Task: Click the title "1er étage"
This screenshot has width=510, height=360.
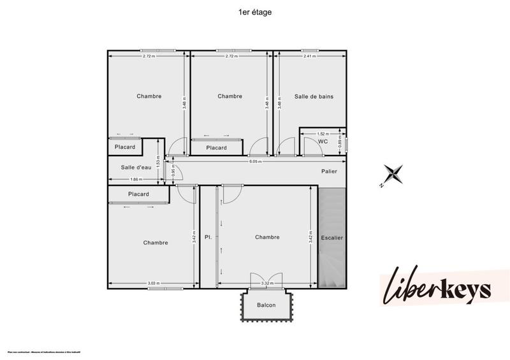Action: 254,11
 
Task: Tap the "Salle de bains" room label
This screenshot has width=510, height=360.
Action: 314,96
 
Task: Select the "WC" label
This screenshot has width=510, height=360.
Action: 323,141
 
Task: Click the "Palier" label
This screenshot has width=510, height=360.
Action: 329,171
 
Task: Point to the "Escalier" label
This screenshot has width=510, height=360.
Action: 331,238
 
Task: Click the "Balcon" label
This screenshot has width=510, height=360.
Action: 266,305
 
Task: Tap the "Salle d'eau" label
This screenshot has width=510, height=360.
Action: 136,167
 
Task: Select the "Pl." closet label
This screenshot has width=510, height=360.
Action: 208,237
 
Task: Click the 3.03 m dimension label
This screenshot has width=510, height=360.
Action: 153,283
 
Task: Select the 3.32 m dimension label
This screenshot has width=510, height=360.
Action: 266,283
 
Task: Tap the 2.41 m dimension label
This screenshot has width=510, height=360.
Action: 310,56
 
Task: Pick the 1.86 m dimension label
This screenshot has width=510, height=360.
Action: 135,179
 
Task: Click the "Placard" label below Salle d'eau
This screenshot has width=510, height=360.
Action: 138,194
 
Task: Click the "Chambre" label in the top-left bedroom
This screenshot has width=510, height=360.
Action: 149,96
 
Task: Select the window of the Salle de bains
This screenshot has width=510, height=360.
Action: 312,50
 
